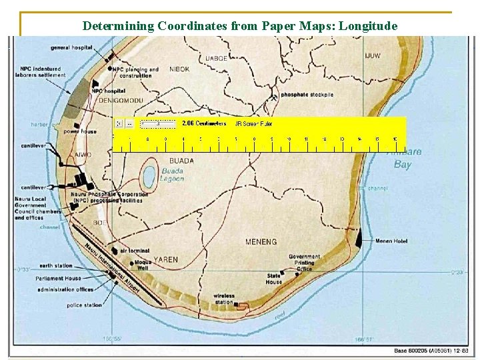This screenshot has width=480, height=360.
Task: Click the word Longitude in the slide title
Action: pos(365,27)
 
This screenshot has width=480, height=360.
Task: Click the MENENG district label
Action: pos(261,242)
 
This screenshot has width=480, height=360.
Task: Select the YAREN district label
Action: pos(166,259)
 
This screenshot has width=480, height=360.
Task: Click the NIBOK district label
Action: pos(179,69)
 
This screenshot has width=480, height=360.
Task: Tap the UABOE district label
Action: pos(216,58)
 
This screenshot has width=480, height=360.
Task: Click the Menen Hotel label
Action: pos(392,241)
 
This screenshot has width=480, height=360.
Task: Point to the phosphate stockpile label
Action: pos(307,95)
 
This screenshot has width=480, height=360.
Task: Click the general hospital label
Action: pos(71,48)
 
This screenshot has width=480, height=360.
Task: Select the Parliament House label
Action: pos(60,279)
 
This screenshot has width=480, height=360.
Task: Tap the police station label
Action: pos(85,305)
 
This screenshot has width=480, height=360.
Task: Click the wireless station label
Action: pos(224,299)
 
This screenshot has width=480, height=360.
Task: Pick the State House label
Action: pos(274,279)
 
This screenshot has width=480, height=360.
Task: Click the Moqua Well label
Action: pos(143,265)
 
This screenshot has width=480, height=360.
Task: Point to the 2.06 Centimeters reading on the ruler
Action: pos(204,123)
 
